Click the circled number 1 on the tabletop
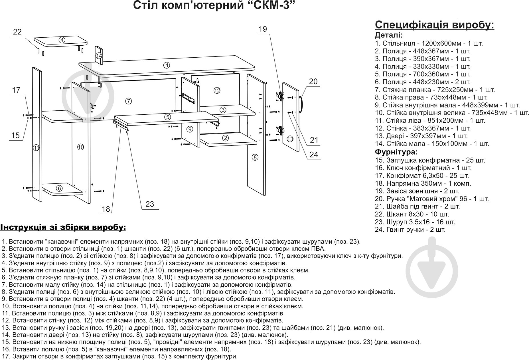[x=167, y=65]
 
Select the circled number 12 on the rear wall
[x=217, y=90]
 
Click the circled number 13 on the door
[x=290, y=139]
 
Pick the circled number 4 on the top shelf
[x=62, y=40]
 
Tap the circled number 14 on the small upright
[x=99, y=56]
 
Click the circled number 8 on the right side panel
[x=255, y=157]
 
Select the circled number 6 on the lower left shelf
[x=59, y=188]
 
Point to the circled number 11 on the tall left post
[x=36, y=148]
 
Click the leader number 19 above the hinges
[x=263, y=29]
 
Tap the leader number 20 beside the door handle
[x=313, y=82]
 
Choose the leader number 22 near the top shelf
[x=17, y=32]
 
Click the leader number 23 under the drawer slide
[x=150, y=204]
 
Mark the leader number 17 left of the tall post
[x=16, y=90]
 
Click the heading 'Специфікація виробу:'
[x=434, y=25]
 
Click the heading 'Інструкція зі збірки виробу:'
[x=63, y=227]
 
